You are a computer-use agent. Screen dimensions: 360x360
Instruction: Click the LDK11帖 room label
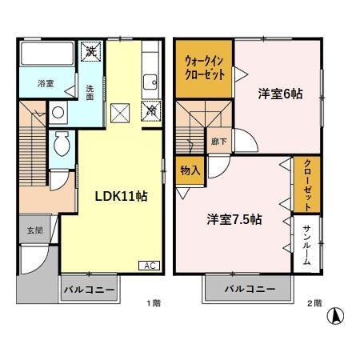pos(121,195)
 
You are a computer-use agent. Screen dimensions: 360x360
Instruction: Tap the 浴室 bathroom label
pos(45,83)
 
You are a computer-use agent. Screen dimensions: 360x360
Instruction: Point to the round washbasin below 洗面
pos(59,114)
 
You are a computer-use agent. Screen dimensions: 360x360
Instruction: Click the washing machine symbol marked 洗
pos(91,51)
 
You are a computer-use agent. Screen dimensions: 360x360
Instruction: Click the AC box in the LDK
pos(150,266)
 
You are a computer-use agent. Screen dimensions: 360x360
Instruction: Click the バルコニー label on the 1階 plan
pos(89,288)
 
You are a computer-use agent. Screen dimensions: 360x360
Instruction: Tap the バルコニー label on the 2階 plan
pos(250,288)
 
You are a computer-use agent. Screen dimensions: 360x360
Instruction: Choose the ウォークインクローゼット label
pos(205,65)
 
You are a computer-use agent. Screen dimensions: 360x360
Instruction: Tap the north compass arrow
pos(338,315)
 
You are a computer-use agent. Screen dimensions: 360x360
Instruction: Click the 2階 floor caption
pos(315,303)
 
